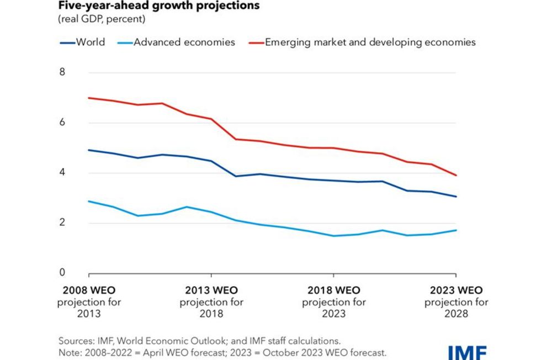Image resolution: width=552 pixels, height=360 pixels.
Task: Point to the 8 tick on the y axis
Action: coord(62,72)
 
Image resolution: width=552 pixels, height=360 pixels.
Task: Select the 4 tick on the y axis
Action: coord(62,173)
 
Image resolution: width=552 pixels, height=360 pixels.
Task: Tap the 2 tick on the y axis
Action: coord(62,223)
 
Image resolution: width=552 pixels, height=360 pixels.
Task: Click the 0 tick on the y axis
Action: coord(62,273)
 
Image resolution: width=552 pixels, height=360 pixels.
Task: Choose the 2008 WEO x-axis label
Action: coord(89,290)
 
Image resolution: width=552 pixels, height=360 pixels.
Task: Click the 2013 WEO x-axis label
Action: coord(211,290)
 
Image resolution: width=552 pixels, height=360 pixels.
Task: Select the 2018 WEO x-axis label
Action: coord(333,290)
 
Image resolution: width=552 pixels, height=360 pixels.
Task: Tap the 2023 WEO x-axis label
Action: coord(456,290)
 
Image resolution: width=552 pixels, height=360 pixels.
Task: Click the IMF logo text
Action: coord(467,352)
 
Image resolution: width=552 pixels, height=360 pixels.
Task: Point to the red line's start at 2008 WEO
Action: coord(89,98)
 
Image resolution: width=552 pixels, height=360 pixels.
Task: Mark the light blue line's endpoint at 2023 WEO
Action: coord(456,230)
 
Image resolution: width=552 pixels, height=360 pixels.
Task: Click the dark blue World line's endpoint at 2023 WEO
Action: coord(456,197)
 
